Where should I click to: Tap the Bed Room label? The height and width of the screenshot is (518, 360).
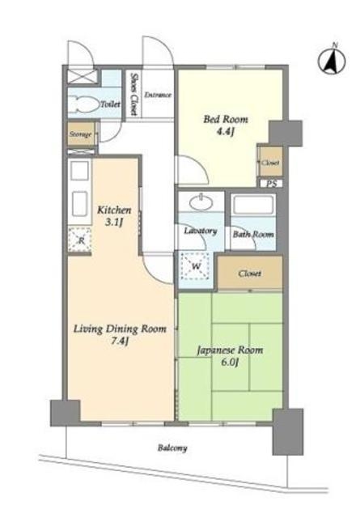pyautogui.click(x=226, y=119)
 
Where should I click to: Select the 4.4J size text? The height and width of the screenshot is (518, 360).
pyautogui.click(x=225, y=132)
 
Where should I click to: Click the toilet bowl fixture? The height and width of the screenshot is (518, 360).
pyautogui.click(x=84, y=104)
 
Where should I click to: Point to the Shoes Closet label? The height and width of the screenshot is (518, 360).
pyautogui.click(x=133, y=94)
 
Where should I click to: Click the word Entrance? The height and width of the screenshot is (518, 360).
pyautogui.click(x=158, y=95)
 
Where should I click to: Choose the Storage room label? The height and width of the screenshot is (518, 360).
pyautogui.click(x=80, y=134)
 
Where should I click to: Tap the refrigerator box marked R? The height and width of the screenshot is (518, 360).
pyautogui.click(x=80, y=240)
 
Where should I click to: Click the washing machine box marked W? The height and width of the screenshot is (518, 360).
pyautogui.click(x=196, y=265)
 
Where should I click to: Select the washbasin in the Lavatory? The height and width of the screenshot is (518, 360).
pyautogui.click(x=201, y=202)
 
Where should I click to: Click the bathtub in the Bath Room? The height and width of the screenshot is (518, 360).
pyautogui.click(x=253, y=205)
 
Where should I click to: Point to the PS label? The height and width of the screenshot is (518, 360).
pyautogui.click(x=272, y=184)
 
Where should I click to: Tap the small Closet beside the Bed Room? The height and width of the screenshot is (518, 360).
pyautogui.click(x=270, y=162)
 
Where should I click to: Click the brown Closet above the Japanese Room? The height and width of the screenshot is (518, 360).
pyautogui.click(x=250, y=273)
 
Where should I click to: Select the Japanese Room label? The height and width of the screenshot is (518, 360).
pyautogui.click(x=231, y=350)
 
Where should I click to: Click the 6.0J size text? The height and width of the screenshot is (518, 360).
pyautogui.click(x=230, y=363)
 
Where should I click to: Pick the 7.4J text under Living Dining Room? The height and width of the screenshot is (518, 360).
pyautogui.click(x=119, y=342)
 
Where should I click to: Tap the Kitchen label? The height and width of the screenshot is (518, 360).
pyautogui.click(x=114, y=210)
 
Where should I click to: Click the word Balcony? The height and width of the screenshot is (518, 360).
pyautogui.click(x=172, y=448)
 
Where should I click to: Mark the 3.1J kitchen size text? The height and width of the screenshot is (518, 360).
pyautogui.click(x=114, y=223)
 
